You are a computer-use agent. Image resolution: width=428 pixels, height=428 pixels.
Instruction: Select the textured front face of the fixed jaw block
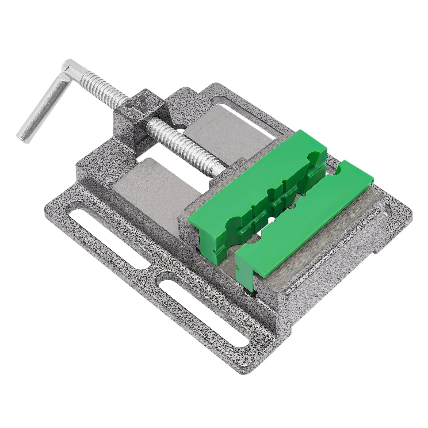tap(334, 270)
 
